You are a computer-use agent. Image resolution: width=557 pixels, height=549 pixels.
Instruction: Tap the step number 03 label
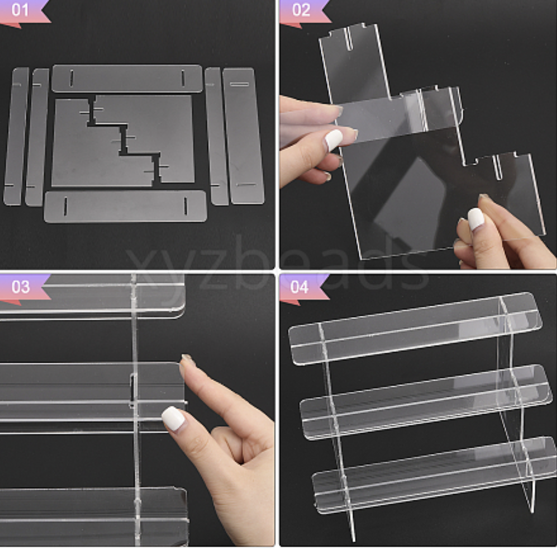pos(21,287)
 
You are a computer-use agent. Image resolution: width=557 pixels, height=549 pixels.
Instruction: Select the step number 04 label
pos(300,287)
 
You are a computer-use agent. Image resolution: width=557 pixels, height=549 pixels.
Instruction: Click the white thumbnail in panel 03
pos(173,418)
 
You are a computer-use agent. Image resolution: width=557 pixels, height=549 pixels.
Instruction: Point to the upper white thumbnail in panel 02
pos(334,140)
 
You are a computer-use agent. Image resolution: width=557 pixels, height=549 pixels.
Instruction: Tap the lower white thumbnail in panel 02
pos(476,219)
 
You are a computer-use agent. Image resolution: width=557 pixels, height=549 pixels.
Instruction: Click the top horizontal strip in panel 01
pos(127,79)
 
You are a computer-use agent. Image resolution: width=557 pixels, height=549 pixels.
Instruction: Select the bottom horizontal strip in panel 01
pos(126,206)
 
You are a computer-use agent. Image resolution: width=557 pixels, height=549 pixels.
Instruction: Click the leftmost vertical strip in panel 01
pos(16,136)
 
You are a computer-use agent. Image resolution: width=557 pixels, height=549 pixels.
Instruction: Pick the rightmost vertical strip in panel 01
pos(243,136)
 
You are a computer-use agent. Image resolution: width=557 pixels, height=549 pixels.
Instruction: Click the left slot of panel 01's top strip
pos(72,78)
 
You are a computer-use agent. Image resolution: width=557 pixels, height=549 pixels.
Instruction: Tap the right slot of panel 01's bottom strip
pos(186,206)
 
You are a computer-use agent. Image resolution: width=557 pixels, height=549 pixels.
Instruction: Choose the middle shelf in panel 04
pos(426,402)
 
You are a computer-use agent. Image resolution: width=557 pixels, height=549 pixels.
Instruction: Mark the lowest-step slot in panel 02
pos(498,167)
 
